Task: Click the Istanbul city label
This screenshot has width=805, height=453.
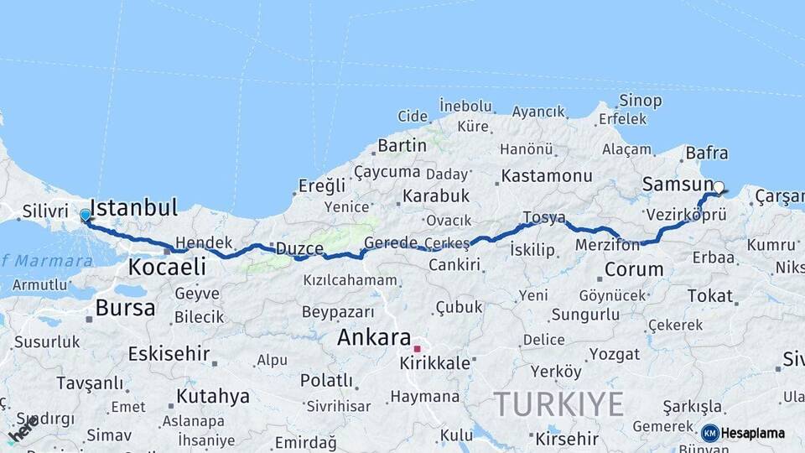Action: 133,208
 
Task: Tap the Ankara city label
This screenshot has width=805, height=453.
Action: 373,338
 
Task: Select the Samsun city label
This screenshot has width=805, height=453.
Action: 676,184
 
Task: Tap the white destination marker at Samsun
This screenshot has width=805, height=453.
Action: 719,187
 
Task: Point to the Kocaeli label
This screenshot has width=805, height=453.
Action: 167,268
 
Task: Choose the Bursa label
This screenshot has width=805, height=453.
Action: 125,308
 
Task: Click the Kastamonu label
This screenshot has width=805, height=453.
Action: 547,176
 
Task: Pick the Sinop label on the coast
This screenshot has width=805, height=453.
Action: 640,101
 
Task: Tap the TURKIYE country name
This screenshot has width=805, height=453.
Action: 558,404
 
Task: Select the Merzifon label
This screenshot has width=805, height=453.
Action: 607,245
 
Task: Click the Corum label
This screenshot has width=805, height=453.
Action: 634,270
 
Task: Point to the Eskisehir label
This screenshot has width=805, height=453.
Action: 169,353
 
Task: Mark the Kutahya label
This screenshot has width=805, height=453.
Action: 213,396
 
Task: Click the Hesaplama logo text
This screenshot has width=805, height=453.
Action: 752,433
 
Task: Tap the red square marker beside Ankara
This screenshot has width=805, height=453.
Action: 417,348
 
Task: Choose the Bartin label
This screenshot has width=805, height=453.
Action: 402,145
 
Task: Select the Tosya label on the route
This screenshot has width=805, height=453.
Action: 544,218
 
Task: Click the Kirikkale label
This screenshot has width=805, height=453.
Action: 435,363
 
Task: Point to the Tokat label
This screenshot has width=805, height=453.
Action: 709,295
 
